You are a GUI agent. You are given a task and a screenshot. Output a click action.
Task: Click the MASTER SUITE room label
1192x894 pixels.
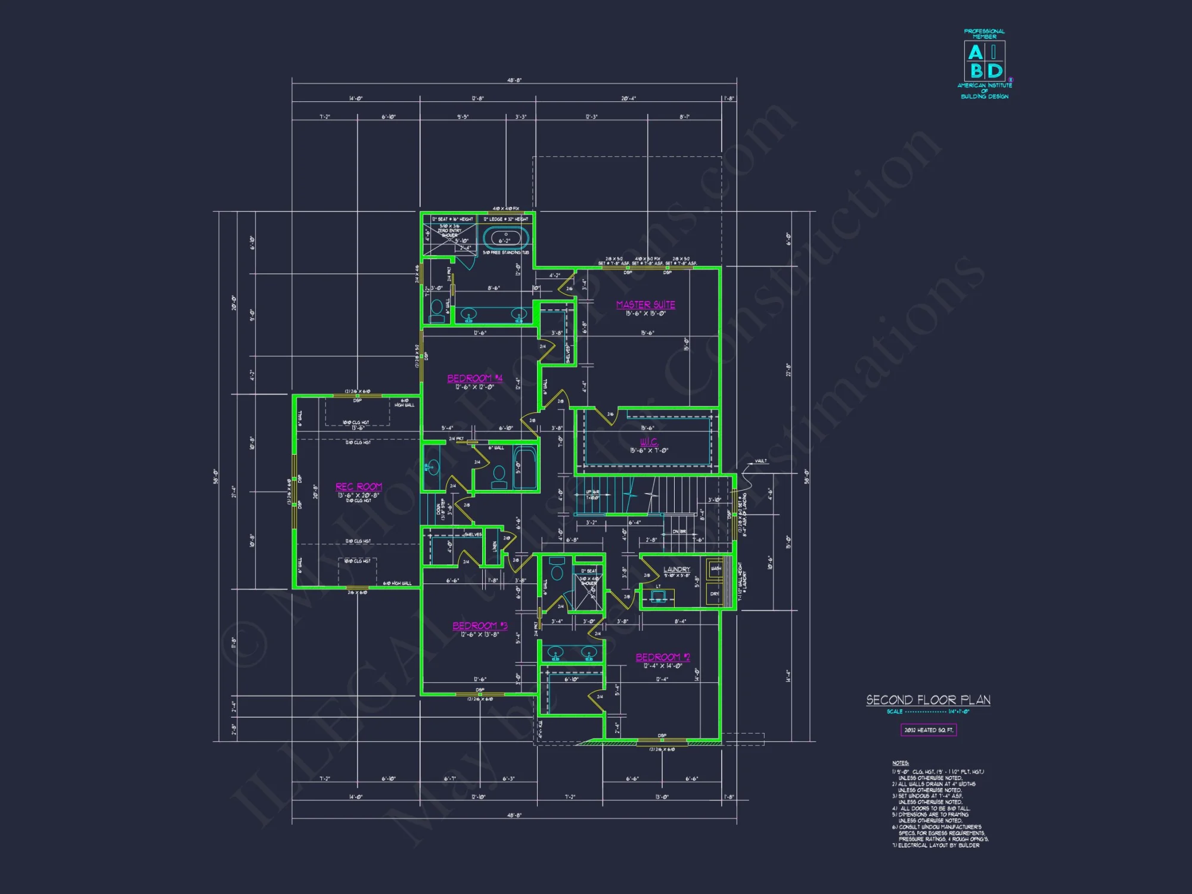click(645, 305)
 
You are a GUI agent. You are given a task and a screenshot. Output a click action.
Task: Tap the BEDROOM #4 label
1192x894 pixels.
click(474, 378)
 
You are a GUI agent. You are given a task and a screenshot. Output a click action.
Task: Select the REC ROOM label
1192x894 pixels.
click(359, 487)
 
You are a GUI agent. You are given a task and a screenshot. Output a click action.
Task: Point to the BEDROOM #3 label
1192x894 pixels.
click(480, 626)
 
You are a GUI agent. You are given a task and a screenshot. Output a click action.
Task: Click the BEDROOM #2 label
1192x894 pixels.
click(663, 657)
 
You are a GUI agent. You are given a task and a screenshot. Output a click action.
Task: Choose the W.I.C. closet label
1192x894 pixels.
click(649, 442)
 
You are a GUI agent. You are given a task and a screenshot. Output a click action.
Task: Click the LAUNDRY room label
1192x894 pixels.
click(676, 569)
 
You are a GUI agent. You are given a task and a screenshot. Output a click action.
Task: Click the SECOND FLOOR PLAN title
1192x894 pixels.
click(928, 700)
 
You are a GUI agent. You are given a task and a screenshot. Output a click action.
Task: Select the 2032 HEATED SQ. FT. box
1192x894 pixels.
click(928, 730)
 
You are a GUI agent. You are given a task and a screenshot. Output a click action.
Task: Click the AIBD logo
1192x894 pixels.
click(985, 61)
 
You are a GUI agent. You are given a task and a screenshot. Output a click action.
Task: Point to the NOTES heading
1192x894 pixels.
click(900, 763)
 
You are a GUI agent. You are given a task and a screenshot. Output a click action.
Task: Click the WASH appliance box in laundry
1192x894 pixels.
click(715, 569)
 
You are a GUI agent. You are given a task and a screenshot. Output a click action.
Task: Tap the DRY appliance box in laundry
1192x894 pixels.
click(715, 594)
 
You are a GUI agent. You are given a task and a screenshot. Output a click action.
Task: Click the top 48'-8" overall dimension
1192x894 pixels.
click(514, 80)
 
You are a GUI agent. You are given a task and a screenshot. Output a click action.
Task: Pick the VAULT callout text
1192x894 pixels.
click(760, 461)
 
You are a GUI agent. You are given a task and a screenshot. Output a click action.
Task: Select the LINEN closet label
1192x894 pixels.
click(495, 546)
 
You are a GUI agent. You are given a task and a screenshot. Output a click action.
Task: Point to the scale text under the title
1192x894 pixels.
click(928, 712)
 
